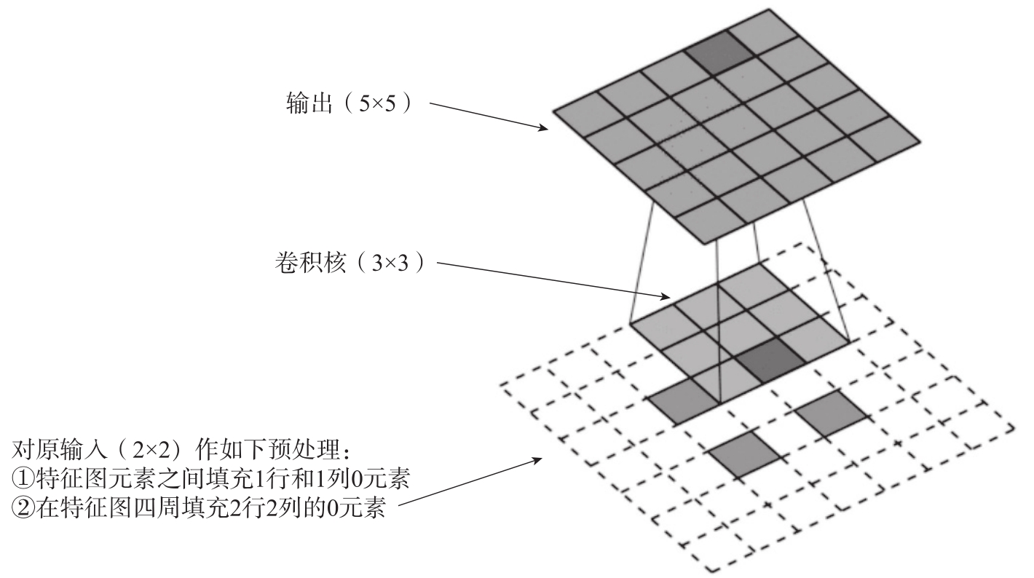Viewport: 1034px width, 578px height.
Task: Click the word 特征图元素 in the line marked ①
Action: click(98, 478)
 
